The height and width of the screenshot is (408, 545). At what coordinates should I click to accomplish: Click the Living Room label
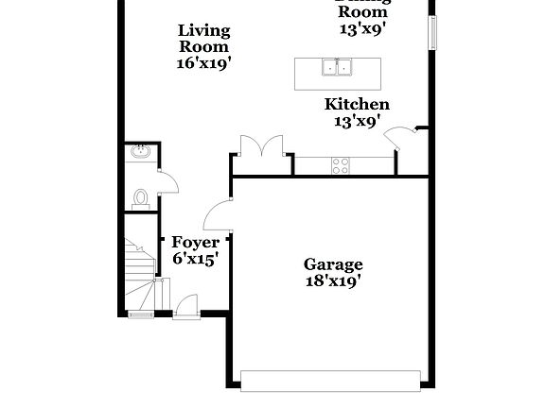point(203,39)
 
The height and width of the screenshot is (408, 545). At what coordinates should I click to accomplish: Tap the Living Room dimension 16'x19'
point(203,63)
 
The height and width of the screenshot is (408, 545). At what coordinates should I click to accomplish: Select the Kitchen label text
point(357,105)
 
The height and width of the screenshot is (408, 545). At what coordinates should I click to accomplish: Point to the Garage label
point(332,264)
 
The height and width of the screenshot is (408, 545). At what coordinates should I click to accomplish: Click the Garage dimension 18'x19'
point(332,280)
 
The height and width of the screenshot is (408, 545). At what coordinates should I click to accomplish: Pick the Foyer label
point(195,243)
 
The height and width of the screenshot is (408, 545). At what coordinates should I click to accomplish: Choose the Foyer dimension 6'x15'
point(195,259)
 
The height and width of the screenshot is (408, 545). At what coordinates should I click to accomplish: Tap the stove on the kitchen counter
point(342,166)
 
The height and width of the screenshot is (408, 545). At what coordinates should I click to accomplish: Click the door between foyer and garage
point(220,214)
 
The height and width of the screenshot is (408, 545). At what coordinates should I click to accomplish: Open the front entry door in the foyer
point(185,306)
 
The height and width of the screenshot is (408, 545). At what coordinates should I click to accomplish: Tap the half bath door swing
point(167,181)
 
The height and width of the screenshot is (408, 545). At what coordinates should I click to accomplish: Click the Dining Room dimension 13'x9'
point(362,28)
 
